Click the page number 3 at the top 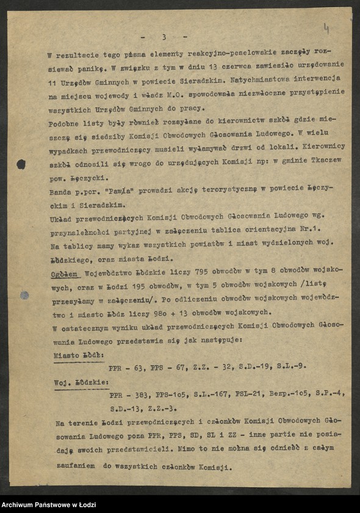pos(164,37)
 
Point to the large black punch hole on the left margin pos(21,164)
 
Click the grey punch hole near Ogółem pos(24,295)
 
